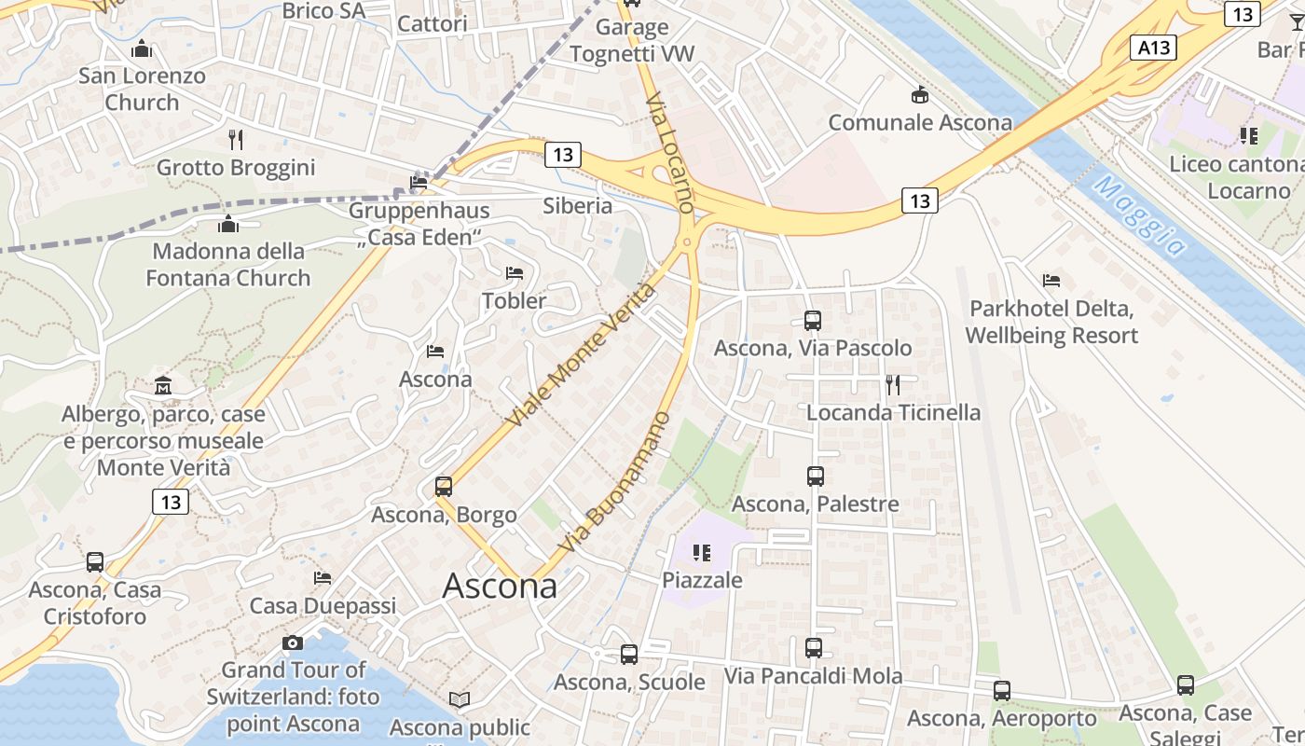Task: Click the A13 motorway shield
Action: click(x=1152, y=48)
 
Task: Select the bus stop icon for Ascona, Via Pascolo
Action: click(x=812, y=321)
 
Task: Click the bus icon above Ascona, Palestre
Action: click(x=816, y=477)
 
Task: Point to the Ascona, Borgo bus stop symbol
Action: click(x=444, y=487)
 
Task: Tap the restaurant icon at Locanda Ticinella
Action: click(x=893, y=384)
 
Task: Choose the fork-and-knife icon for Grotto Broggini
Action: click(x=236, y=140)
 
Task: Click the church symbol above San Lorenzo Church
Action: click(x=142, y=48)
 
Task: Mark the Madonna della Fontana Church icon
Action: click(x=228, y=224)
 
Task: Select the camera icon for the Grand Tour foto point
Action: click(x=293, y=642)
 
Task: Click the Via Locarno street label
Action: click(x=669, y=152)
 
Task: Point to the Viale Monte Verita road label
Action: click(x=581, y=355)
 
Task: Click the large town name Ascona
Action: click(x=500, y=586)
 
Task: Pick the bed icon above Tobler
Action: click(x=514, y=273)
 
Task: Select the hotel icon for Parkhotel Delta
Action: click(x=1051, y=280)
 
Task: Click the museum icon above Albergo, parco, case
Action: click(x=163, y=385)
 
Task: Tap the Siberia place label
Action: click(x=578, y=205)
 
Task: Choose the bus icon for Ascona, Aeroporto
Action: click(x=1002, y=691)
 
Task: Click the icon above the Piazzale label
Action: click(x=702, y=553)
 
